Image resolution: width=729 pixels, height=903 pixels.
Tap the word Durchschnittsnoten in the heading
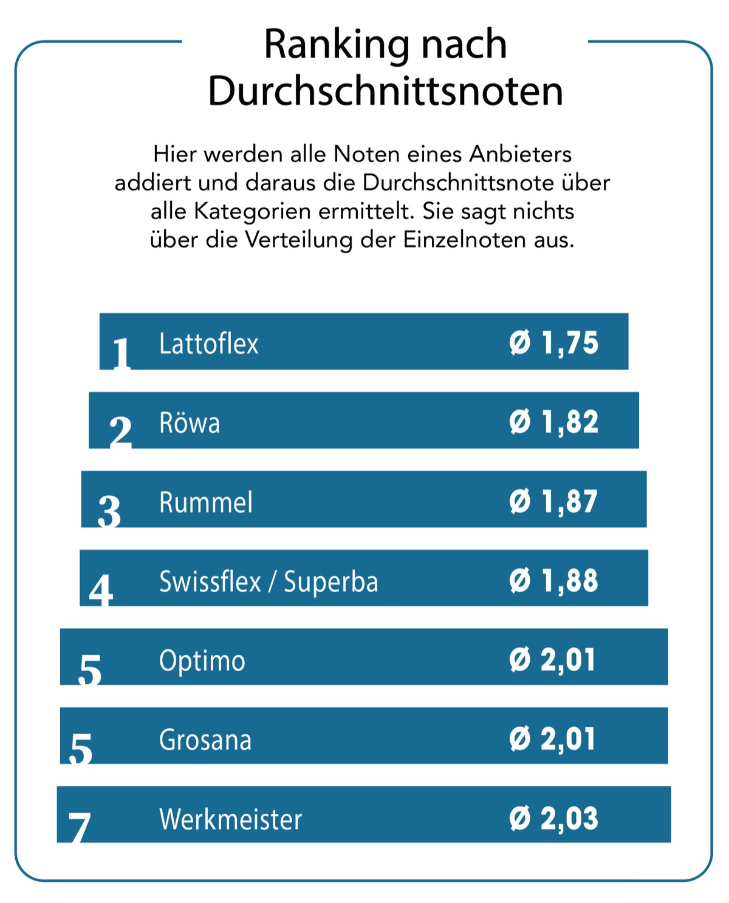click(385, 92)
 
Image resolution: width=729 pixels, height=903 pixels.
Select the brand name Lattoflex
click(208, 343)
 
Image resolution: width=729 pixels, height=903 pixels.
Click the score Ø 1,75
click(553, 343)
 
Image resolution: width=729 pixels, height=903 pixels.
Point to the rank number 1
click(122, 353)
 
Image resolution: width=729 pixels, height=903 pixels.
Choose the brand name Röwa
click(190, 422)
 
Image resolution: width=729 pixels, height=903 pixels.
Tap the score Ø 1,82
click(553, 422)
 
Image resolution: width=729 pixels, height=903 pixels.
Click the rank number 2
click(120, 431)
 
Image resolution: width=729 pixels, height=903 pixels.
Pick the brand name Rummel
click(205, 502)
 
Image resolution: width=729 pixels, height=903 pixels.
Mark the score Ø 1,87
click(553, 501)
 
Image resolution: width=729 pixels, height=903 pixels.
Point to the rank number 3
click(109, 511)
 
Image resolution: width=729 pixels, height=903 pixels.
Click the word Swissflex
click(210, 581)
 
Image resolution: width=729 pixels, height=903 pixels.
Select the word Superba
click(331, 581)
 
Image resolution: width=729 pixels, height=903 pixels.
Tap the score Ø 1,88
click(553, 580)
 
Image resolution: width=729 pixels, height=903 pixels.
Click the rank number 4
click(101, 590)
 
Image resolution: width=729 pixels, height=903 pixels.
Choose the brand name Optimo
click(202, 660)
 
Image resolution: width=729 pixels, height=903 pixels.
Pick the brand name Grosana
click(205, 740)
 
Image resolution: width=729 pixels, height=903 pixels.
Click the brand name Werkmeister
click(230, 819)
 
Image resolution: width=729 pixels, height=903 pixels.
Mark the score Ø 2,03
click(553, 818)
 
